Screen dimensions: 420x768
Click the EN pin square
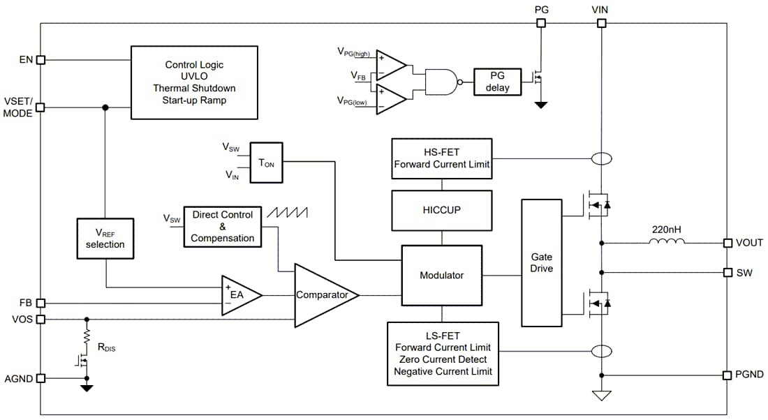tap(40, 60)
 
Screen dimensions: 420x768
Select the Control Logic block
tap(195, 82)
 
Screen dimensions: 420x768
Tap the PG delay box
tap(498, 82)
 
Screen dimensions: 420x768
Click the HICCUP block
tap(441, 210)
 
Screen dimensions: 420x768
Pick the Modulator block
tap(441, 275)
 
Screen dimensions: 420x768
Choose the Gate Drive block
tap(541, 263)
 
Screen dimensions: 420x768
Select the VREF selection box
tap(105, 238)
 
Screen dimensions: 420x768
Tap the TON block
tap(266, 163)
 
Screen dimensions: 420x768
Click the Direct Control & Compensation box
tap(223, 227)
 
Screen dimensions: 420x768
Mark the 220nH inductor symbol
tap(667, 242)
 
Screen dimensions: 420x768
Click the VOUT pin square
tap(727, 243)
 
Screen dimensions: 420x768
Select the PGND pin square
tap(727, 375)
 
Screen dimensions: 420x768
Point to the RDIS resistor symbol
tap(87, 338)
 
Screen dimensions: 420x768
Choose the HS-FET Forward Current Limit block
tap(441, 159)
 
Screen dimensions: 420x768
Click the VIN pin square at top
tap(601, 23)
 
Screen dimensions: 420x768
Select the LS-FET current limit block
tap(443, 353)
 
